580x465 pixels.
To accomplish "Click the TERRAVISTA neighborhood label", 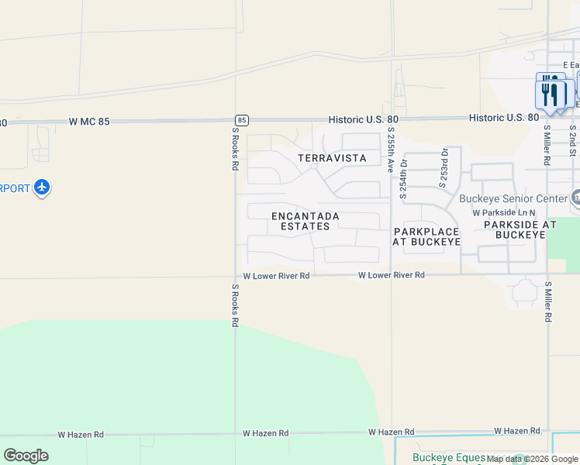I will tap(332, 158).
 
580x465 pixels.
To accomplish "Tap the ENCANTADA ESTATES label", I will tap(300, 221).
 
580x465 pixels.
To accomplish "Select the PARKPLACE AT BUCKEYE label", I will tap(426, 236).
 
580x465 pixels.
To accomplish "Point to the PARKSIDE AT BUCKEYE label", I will tap(520, 229).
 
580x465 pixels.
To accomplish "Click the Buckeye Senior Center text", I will tap(513, 198).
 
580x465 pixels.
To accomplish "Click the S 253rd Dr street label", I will tap(444, 169).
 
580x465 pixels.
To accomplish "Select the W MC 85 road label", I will tap(90, 122).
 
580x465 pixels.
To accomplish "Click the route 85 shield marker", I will tap(242, 120).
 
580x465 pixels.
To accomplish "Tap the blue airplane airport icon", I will tap(42, 188).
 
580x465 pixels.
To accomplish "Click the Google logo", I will tap(26, 456).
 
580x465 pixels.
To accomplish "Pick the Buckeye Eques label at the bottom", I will tap(449, 458).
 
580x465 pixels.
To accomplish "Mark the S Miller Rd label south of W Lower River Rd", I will tap(548, 302).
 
